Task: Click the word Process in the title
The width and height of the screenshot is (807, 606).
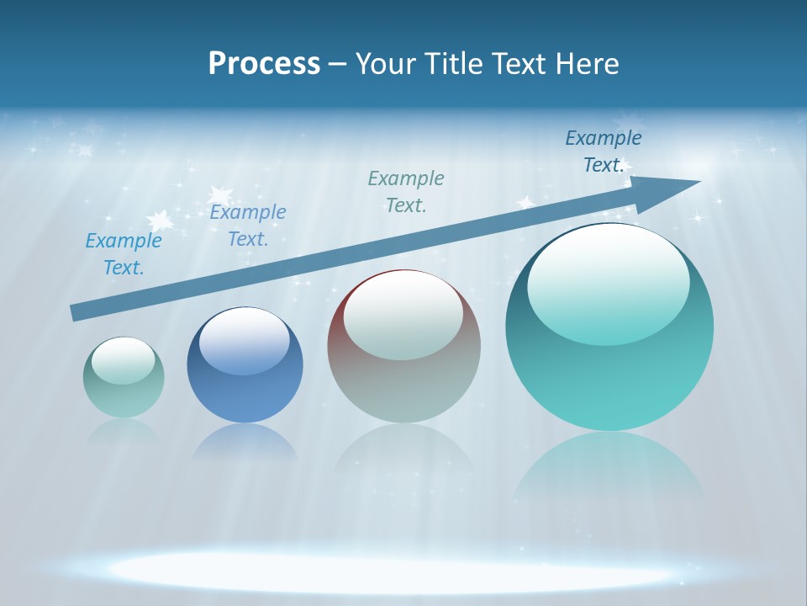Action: (x=264, y=64)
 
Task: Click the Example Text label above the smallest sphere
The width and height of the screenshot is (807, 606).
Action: (x=124, y=253)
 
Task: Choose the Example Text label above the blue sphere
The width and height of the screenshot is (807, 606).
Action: (x=248, y=225)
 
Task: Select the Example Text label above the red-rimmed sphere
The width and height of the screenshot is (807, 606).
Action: (x=406, y=191)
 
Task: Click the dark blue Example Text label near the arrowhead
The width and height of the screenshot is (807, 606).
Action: (x=604, y=151)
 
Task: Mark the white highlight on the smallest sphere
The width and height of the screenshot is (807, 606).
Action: (x=124, y=360)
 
